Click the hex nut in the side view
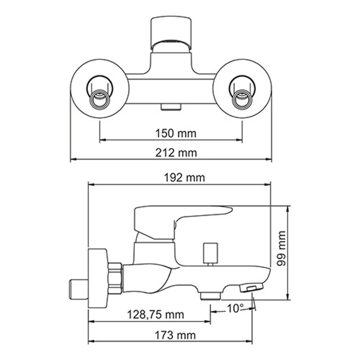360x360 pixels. coord(115,278)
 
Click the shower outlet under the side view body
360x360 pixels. coord(210,295)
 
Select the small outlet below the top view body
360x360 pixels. coord(171,106)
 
